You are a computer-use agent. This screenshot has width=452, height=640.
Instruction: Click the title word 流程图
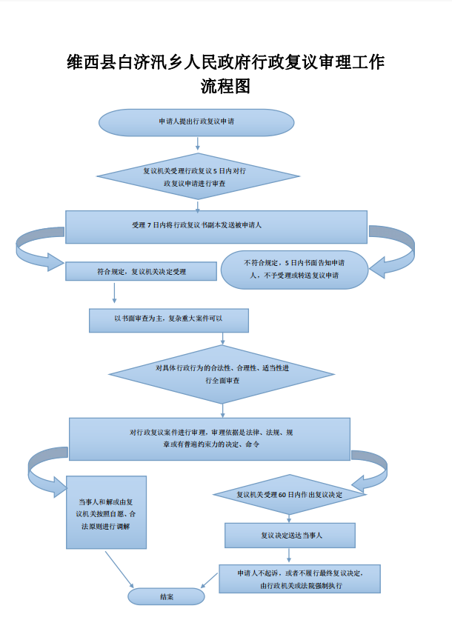pyautogui.click(x=225, y=87)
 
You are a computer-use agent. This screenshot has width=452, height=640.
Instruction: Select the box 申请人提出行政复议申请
pyautogui.click(x=196, y=122)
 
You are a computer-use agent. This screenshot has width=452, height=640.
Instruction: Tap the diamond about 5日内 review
pyautogui.click(x=198, y=176)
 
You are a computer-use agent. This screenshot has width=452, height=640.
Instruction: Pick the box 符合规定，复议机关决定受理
pyautogui.click(x=141, y=271)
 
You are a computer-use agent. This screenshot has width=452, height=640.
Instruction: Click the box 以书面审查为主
pyautogui.click(x=169, y=319)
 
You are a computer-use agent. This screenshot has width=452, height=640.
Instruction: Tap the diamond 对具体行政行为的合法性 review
pyautogui.click(x=223, y=374)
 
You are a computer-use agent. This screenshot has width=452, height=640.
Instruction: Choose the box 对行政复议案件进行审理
pyautogui.click(x=210, y=439)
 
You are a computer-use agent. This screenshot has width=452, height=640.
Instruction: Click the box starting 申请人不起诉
pyautogui.click(x=300, y=579)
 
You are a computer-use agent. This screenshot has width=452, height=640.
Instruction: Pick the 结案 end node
pyautogui.click(x=166, y=596)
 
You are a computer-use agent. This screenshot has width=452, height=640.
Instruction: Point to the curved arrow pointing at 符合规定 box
pyautogui.click(x=33, y=252)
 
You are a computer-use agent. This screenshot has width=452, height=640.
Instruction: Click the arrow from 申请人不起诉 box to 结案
pyautogui.click(x=211, y=581)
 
